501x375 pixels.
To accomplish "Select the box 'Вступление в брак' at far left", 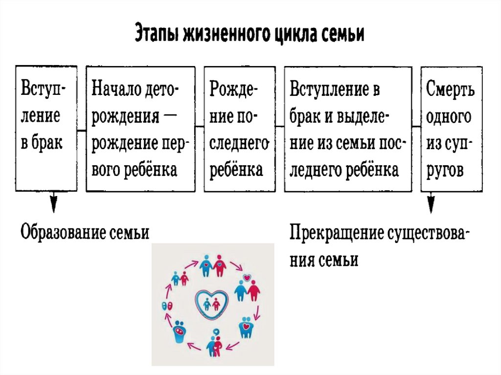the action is coord(46,128).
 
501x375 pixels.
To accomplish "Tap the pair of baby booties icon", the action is coord(166,305).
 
